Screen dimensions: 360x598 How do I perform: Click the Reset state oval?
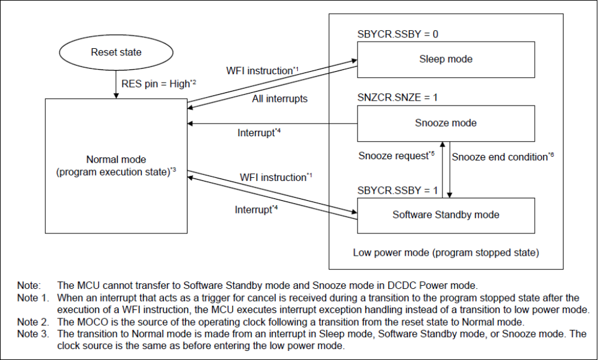click(116, 52)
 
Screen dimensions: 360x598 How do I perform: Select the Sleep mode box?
click(445, 59)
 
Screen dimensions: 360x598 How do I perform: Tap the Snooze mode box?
click(445, 123)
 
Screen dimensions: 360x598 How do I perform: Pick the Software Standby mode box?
click(445, 215)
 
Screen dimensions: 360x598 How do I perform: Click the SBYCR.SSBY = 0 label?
click(397, 34)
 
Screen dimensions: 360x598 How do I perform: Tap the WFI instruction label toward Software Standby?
click(272, 177)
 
